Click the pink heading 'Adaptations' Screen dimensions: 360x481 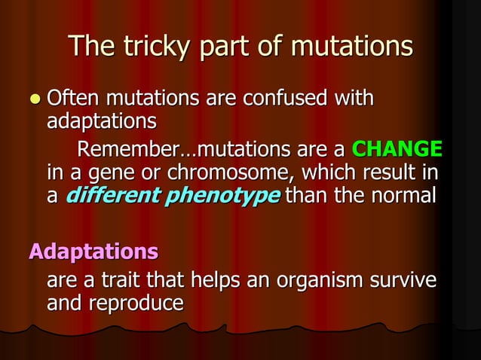click(93, 251)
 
